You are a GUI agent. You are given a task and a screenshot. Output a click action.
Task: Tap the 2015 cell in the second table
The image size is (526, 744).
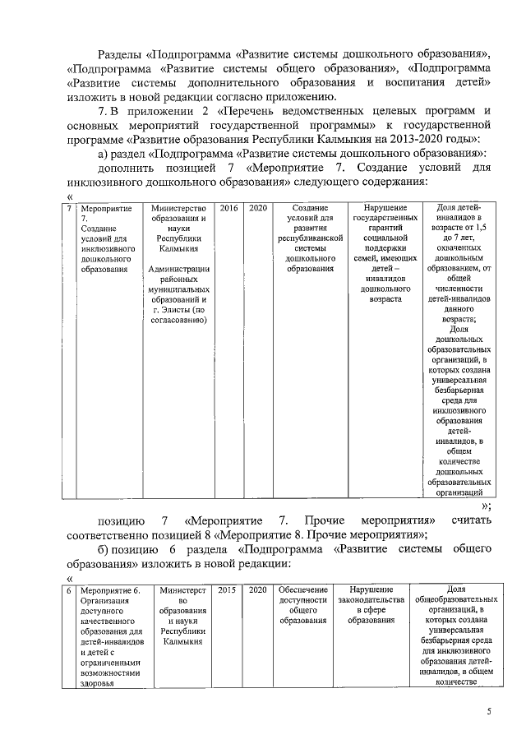(x=225, y=589)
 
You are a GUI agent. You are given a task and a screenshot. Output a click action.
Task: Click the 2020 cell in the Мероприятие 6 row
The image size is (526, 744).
(x=257, y=589)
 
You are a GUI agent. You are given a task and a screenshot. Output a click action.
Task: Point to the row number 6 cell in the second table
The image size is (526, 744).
(x=69, y=589)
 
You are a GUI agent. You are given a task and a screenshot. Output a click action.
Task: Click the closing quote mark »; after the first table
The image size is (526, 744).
(x=487, y=506)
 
